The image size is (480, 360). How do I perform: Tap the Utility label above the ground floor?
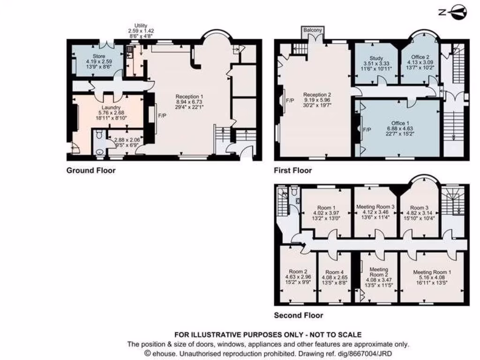point(141,25)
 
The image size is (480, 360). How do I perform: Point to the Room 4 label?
point(335,272)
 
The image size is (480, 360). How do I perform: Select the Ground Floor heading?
point(91,170)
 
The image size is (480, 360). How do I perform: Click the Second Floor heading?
point(299,315)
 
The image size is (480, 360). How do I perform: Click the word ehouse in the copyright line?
point(162,353)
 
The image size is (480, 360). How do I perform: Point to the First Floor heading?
point(293,171)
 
